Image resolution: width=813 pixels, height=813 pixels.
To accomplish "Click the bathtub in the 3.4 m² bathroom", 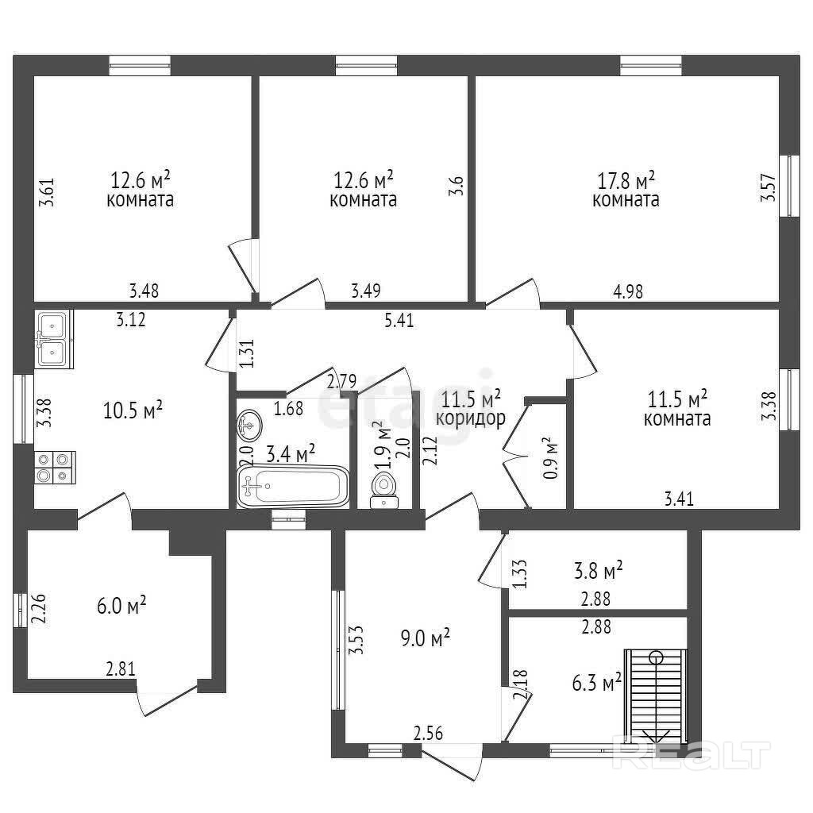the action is click(294, 486).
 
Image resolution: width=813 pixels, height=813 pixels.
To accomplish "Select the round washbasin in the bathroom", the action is click(249, 426).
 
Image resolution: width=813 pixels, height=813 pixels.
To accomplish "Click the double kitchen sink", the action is click(53, 337).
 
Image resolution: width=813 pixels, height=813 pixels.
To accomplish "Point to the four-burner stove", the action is click(53, 467).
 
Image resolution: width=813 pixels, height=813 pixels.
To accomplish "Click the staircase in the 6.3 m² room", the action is click(655, 695).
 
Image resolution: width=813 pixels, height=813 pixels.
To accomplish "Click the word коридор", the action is click(470, 418).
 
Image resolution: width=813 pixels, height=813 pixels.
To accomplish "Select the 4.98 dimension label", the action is click(627, 291).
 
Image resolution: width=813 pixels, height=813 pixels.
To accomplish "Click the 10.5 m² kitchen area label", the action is click(133, 410).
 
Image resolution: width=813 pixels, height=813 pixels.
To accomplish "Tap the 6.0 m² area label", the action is click(119, 607).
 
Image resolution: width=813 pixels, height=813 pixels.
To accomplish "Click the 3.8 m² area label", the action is click(596, 570).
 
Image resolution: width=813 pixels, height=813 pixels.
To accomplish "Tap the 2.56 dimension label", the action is click(429, 734).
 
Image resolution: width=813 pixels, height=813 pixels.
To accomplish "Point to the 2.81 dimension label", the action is click(121, 670).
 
